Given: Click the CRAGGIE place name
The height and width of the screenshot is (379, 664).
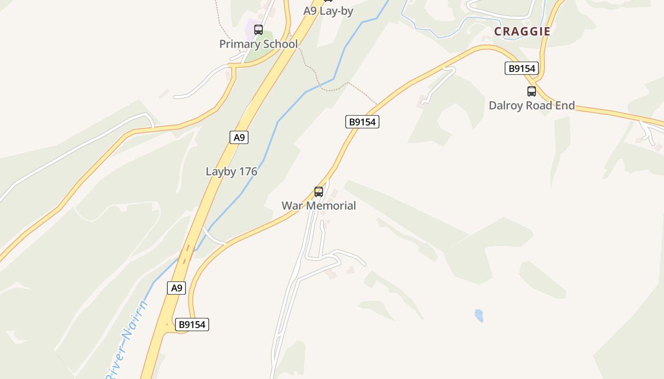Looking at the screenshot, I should click(522, 31).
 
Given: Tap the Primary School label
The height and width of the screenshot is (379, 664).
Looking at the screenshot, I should click(258, 44).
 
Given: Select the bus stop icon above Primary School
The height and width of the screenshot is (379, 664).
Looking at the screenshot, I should click(258, 30).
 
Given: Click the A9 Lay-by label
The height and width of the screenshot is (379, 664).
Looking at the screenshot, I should click(328, 11).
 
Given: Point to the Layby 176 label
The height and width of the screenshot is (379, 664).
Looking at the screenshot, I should click(231, 171).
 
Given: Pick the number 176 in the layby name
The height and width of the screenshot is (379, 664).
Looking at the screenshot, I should click(248, 171).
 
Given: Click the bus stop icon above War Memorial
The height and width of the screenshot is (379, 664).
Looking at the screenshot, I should click(319, 192).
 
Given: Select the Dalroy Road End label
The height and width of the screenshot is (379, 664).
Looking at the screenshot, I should click(532, 105).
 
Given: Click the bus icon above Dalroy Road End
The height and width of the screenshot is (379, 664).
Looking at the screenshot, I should click(532, 91).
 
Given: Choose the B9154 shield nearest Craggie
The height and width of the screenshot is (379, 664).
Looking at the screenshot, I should click(522, 69).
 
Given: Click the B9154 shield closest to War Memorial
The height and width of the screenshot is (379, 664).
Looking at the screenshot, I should click(362, 122).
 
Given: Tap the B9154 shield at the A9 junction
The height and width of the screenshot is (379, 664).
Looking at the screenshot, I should click(192, 325).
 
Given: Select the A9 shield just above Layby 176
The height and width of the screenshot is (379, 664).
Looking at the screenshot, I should click(240, 137).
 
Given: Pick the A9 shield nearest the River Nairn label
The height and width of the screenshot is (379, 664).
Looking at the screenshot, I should click(176, 288).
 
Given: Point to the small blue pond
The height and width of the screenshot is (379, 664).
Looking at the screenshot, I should click(479, 316).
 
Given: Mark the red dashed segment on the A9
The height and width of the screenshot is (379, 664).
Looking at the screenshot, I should click(186, 253).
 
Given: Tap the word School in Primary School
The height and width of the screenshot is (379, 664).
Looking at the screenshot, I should click(281, 44).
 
